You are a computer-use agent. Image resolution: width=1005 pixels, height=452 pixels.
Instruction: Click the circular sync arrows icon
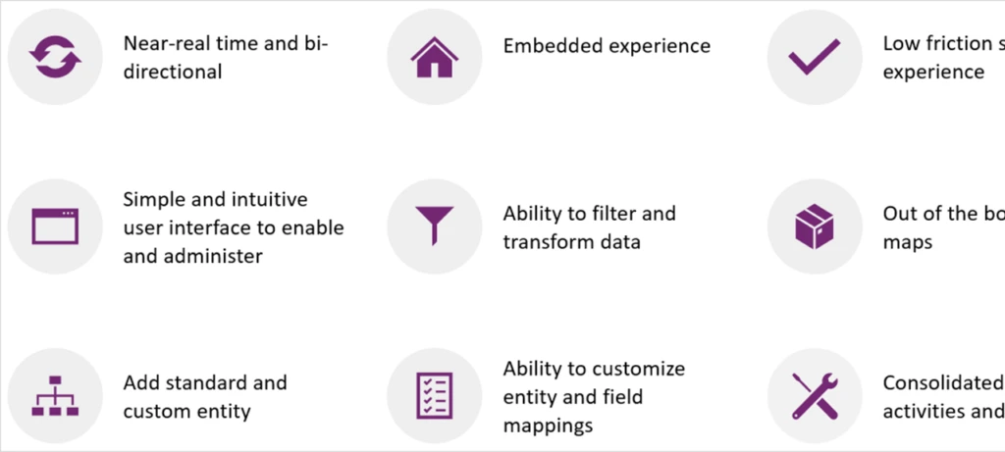pyautogui.click(x=54, y=58)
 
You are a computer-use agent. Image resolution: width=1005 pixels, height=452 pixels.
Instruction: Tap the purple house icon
pyautogui.click(x=434, y=58)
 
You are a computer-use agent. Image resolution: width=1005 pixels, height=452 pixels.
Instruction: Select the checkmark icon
pyautogui.click(x=814, y=58)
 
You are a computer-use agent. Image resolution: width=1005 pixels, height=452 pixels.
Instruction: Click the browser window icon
pyautogui.click(x=54, y=226)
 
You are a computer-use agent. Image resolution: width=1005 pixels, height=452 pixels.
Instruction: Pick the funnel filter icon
pyautogui.click(x=434, y=226)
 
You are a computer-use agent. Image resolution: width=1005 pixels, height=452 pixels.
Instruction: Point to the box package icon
pyautogui.click(x=814, y=226)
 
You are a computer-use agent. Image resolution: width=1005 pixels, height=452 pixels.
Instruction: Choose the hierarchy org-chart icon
pyautogui.click(x=54, y=396)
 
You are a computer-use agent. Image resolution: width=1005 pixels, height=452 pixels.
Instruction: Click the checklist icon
pyautogui.click(x=434, y=396)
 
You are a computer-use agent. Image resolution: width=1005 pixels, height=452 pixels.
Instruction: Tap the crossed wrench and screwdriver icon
pyautogui.click(x=814, y=396)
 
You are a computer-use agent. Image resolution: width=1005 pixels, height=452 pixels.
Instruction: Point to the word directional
pyautogui.click(x=173, y=72)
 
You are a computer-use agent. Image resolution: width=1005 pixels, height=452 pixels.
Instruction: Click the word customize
pyautogui.click(x=638, y=370)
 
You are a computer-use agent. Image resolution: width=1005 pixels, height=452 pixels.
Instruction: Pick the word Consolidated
pyautogui.click(x=942, y=382)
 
